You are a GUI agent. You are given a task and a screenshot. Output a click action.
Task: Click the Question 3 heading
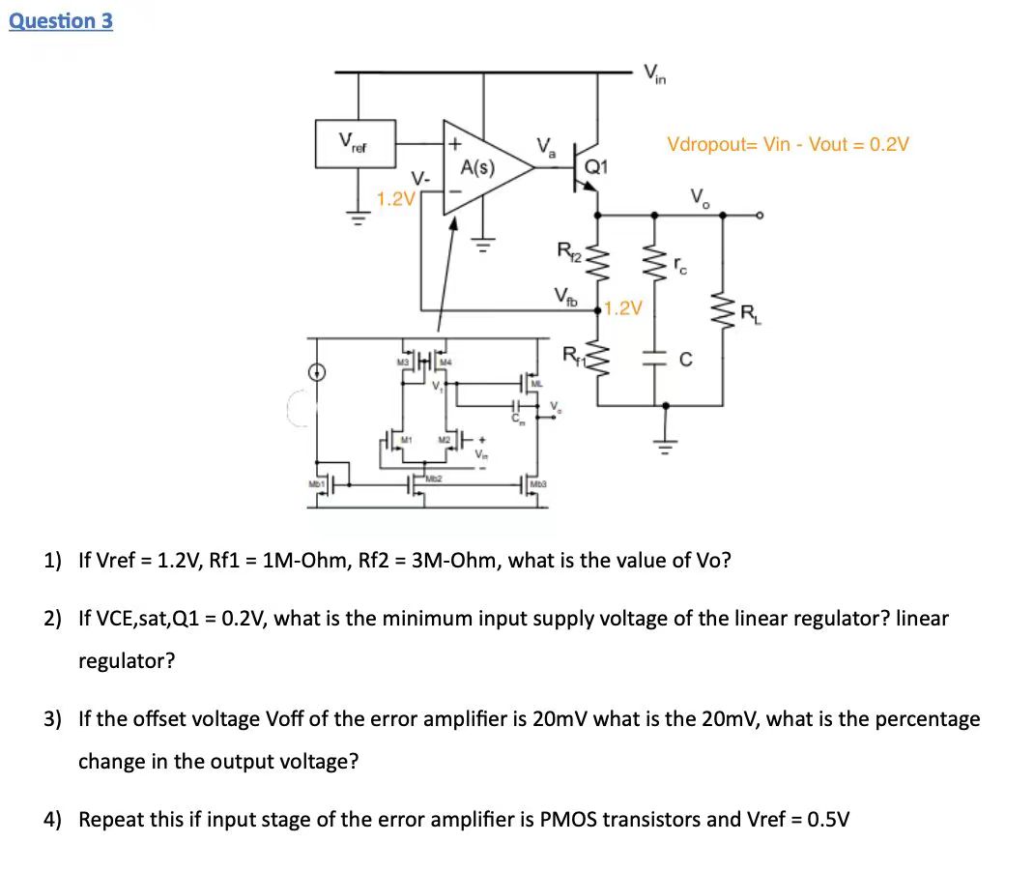[61, 20]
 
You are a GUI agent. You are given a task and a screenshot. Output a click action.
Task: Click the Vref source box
[359, 148]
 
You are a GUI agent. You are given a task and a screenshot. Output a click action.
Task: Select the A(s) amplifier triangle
[480, 167]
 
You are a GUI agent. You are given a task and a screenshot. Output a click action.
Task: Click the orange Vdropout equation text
[787, 144]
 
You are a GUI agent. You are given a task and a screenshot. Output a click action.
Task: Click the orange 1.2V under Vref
[395, 200]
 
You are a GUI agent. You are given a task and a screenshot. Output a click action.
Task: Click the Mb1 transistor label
[314, 483]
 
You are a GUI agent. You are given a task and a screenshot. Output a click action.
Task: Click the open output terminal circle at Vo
[761, 217]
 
